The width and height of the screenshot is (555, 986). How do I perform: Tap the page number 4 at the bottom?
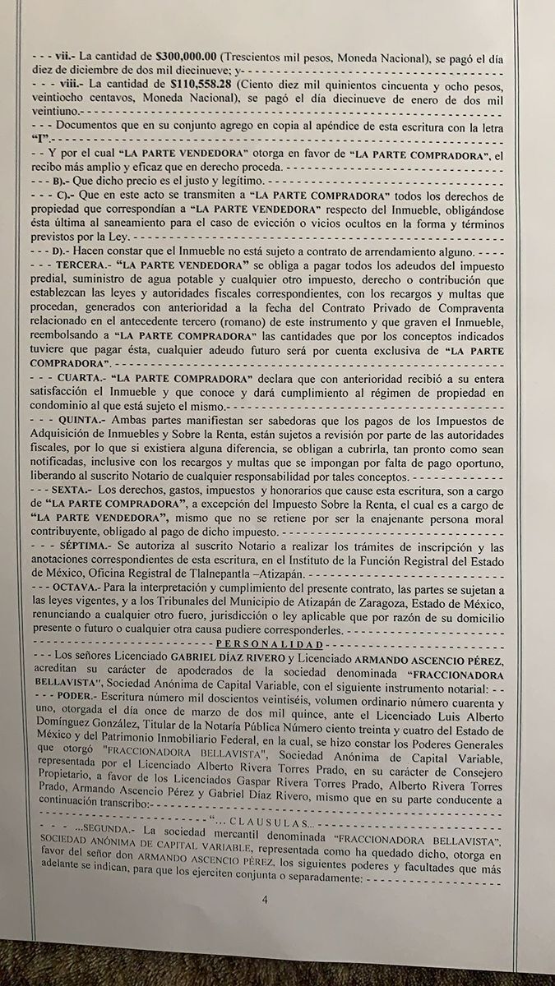266,900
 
